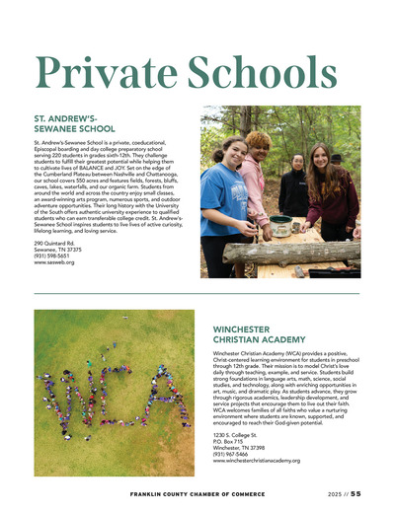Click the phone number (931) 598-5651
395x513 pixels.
[53, 256]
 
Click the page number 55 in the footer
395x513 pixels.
[355, 493]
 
